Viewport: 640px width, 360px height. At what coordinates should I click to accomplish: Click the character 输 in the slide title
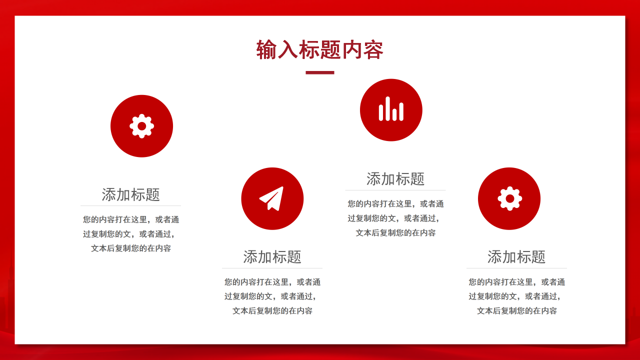tap(266, 50)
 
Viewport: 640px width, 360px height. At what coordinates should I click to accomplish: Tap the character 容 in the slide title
tap(373, 50)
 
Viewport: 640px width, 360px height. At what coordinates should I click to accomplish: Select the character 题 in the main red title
tap(331, 50)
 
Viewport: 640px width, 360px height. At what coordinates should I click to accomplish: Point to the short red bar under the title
tap(319, 72)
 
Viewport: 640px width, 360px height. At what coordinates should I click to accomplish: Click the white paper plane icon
tap(271, 198)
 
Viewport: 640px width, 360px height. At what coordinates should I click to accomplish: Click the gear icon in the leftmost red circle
tap(141, 126)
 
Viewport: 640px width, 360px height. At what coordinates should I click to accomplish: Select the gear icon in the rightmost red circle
tap(509, 198)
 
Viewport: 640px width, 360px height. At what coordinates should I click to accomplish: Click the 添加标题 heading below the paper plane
tap(272, 257)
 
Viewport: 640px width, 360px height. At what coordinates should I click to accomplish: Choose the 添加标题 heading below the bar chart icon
tap(395, 179)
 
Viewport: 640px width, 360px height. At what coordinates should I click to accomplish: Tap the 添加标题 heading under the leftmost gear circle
tap(130, 194)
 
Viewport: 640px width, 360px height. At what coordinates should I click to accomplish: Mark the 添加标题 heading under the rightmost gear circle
tap(516, 257)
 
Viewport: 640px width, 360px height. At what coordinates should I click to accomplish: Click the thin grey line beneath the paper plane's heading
tap(272, 268)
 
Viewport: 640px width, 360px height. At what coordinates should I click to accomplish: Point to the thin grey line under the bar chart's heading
tap(395, 190)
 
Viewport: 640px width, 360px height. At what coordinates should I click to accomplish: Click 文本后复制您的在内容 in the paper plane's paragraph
tap(272, 311)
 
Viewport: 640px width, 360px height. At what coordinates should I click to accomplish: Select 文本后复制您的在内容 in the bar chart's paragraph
tap(395, 233)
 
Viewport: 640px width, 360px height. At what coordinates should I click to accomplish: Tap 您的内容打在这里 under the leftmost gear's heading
tap(115, 219)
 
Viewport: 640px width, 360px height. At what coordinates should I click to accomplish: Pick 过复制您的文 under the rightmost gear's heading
tap(492, 296)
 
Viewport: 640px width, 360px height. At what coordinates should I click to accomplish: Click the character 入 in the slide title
tap(288, 50)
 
